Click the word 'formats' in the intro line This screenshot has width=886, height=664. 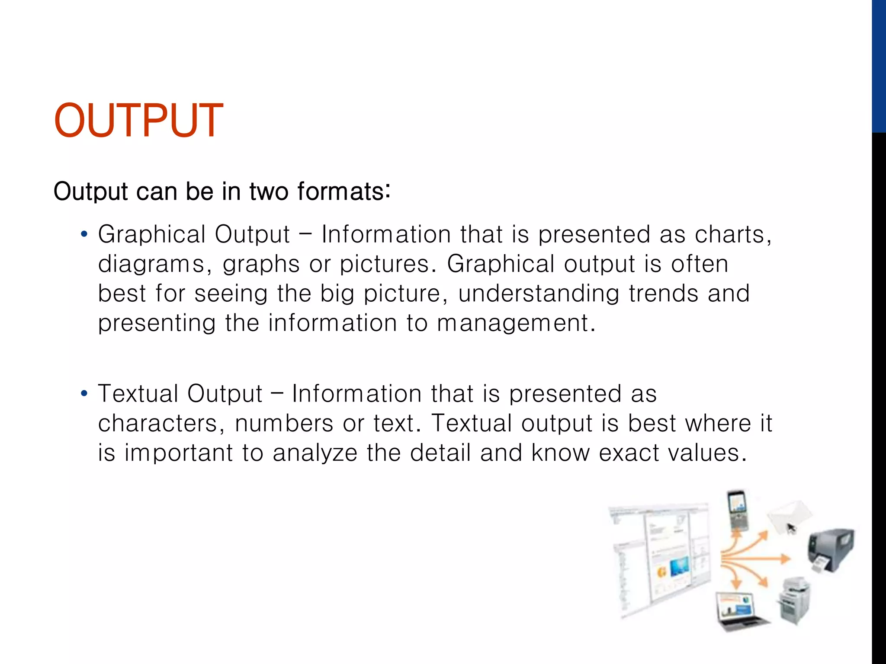tap(341, 192)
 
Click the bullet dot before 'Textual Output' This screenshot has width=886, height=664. tap(84, 394)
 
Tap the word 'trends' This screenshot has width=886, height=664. tap(663, 294)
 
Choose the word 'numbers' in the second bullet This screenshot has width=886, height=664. tap(284, 423)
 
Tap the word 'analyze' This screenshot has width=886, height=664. tap(315, 453)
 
